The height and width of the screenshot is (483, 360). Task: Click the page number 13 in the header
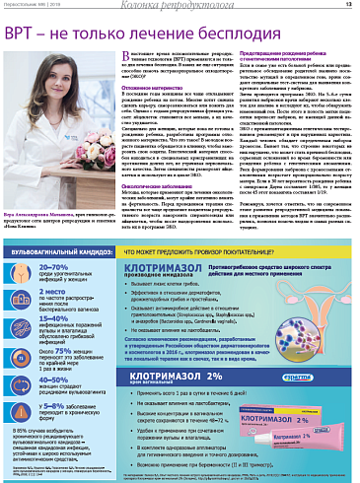pyautogui.click(x=349, y=5)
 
